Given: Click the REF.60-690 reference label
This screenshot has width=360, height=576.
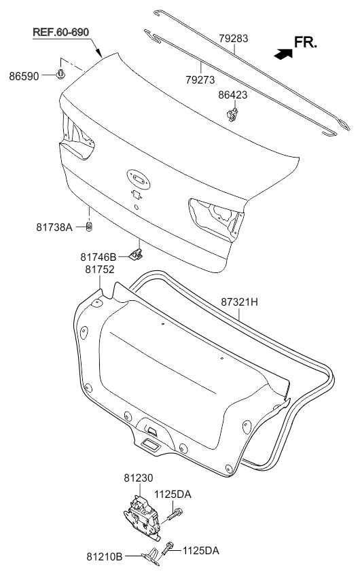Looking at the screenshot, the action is tap(60, 33).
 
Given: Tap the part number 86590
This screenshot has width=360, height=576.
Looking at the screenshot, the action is tap(24, 76).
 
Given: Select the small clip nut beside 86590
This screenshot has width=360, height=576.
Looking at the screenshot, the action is tap(60, 74).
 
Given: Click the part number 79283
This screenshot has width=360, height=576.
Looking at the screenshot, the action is tap(233, 39).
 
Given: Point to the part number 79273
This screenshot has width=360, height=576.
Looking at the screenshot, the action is tap(200, 79).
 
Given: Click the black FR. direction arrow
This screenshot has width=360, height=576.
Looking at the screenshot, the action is tap(283, 54).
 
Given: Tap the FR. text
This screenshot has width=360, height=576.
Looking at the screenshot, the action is tap(305, 43).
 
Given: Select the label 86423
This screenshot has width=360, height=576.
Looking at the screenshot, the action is tap(233, 95).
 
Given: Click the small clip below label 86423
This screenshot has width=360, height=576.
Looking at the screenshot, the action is tap(232, 115).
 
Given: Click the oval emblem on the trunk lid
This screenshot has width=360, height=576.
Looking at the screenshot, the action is tap(139, 179).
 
